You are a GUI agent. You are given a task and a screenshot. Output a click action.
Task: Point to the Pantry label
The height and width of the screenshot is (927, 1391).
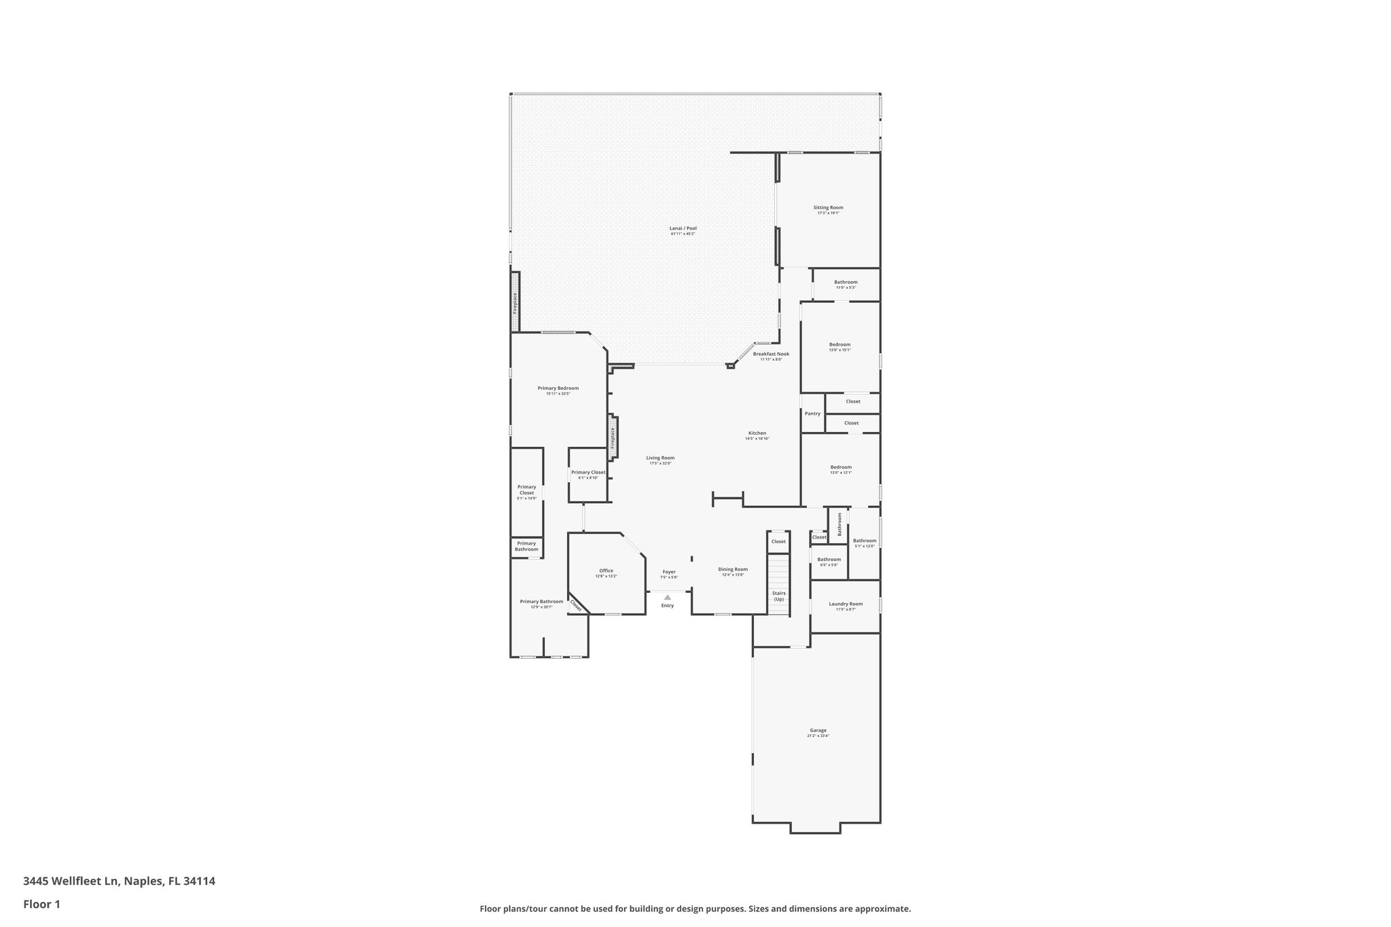click(812, 414)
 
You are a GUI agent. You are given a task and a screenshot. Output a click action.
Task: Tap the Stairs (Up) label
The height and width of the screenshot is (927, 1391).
click(778, 596)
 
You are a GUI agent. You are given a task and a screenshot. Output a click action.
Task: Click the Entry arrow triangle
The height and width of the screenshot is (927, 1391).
click(668, 597)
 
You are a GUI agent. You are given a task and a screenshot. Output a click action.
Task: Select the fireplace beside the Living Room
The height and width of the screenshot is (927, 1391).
click(613, 438)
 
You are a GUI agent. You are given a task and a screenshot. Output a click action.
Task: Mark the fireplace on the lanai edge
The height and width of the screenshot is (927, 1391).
click(515, 302)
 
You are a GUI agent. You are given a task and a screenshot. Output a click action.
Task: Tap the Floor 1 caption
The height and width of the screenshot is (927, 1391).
click(41, 904)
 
